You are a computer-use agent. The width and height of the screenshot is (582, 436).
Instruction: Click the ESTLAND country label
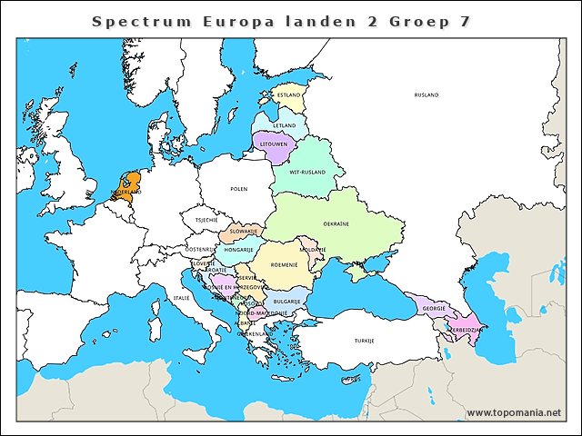(x=289, y=94)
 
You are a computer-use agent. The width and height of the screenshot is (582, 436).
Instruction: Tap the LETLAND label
(x=285, y=124)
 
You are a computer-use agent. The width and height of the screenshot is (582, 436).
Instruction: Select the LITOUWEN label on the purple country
(x=274, y=144)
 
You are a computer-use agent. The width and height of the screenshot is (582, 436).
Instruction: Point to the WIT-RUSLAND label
(x=307, y=172)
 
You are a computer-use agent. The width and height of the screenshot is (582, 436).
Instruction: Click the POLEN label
(x=238, y=189)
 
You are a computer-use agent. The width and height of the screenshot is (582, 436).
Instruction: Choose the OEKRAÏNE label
(x=336, y=223)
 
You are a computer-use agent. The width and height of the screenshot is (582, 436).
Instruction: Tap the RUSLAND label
(x=426, y=94)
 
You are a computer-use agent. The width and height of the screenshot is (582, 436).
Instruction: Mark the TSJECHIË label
(x=206, y=219)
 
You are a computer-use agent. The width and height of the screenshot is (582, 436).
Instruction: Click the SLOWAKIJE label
(x=245, y=232)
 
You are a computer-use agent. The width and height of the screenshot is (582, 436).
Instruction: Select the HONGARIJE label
(x=238, y=249)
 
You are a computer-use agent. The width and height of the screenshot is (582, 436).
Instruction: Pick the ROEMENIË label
(x=285, y=265)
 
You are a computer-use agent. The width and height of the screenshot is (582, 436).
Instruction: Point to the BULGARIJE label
(x=287, y=301)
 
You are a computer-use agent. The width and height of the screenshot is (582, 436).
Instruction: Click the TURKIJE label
(x=365, y=341)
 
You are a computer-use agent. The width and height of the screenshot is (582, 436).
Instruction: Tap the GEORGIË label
(x=434, y=308)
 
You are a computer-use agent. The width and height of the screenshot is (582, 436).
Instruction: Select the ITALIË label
(x=182, y=297)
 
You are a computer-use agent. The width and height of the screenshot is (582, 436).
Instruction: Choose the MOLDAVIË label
(x=313, y=249)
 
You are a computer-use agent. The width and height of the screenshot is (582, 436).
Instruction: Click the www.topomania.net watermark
(x=514, y=412)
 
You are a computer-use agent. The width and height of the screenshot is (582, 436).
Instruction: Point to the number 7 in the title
(x=465, y=20)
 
